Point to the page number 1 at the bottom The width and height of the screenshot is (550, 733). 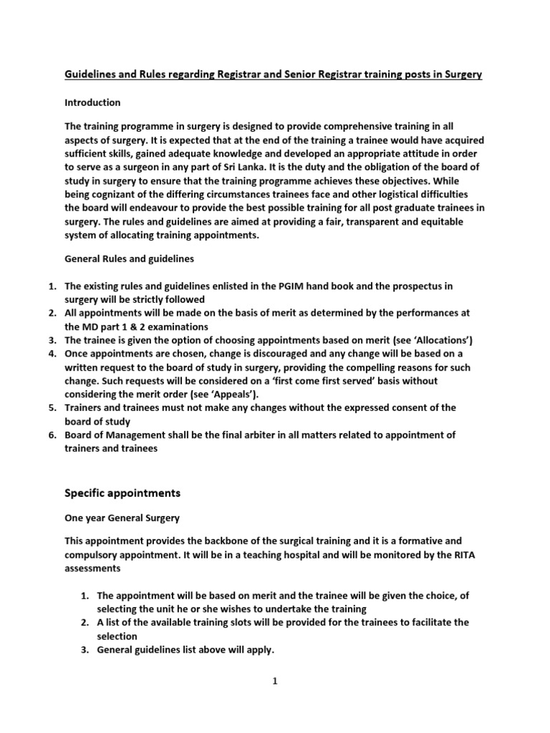pos(274,681)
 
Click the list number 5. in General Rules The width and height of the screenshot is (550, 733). pos(52,407)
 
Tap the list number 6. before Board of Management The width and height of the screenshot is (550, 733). pos(52,435)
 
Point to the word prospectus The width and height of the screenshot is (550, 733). pos(417,286)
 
